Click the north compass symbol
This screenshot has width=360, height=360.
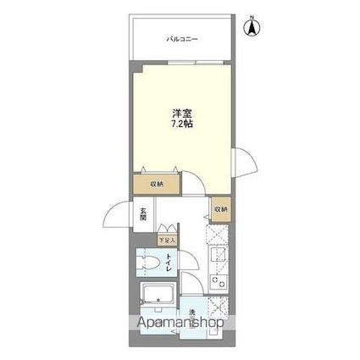click(252, 26)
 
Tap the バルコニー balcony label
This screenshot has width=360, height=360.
click(182, 39)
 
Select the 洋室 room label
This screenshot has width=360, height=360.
click(182, 114)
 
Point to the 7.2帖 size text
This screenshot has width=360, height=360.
click(182, 124)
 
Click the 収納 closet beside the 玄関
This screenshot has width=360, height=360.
click(157, 185)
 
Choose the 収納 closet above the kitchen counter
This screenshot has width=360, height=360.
click(221, 209)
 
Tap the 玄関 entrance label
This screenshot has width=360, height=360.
click(144, 214)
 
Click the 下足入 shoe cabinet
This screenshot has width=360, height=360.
click(167, 241)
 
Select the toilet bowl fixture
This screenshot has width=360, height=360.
click(147, 263)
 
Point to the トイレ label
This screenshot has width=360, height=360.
click(169, 263)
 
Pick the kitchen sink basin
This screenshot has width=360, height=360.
click(218, 256)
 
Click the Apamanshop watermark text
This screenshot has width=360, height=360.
click(180, 323)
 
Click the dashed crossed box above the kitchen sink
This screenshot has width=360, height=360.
click(218, 234)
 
